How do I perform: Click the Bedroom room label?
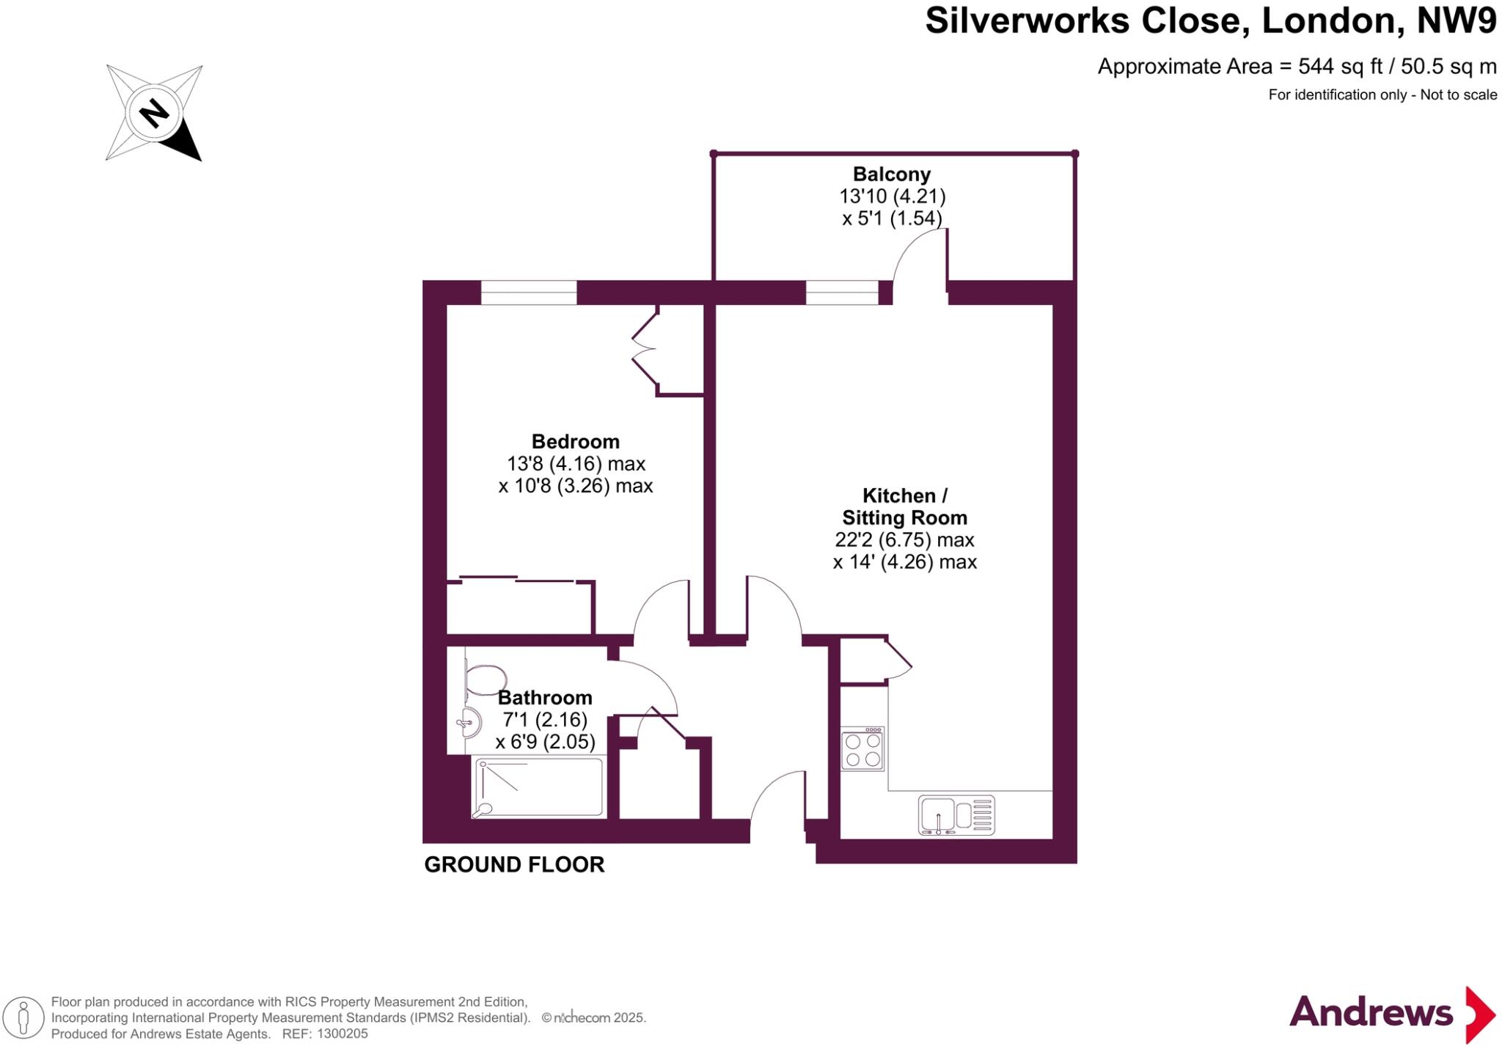575,441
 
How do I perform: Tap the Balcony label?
891,174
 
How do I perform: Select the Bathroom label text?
545,697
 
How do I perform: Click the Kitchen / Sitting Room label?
904,507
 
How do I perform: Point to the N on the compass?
155,114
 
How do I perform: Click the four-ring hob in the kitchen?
862,749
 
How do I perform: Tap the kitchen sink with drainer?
956,815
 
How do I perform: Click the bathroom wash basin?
469,723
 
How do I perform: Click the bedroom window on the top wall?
529,292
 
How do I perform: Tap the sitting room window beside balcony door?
842,292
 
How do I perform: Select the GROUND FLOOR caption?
514,865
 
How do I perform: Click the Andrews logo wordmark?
1371,1013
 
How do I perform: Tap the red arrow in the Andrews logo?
1480,1014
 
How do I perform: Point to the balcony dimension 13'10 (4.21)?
892,196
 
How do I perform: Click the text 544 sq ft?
1340,67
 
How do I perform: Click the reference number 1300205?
342,1034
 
